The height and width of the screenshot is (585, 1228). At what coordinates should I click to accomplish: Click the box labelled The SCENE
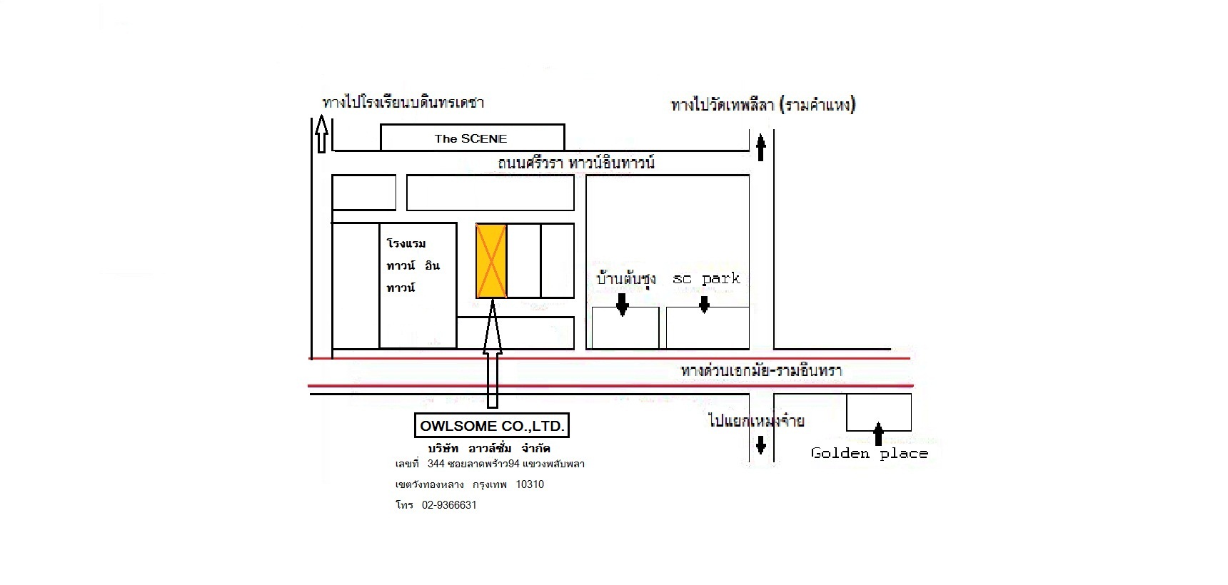point(471,138)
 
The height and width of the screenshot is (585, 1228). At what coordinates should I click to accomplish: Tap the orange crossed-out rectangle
point(491,261)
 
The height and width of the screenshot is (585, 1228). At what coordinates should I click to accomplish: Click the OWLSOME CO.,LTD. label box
point(493,426)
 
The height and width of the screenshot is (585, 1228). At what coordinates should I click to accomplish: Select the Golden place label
point(869,454)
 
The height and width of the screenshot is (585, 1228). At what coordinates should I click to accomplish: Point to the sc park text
point(706,278)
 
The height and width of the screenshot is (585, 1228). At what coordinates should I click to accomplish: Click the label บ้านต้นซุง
point(626,278)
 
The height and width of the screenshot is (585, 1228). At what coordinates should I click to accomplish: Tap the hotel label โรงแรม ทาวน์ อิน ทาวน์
point(413,265)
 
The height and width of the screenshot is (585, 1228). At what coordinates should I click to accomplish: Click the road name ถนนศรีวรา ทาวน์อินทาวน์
point(576,163)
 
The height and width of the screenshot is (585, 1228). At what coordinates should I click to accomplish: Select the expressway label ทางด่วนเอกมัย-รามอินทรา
point(761,371)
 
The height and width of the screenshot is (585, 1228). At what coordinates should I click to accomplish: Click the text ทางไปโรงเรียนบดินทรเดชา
point(403,103)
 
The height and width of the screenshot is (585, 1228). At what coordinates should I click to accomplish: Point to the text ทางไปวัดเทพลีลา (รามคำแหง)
point(763,106)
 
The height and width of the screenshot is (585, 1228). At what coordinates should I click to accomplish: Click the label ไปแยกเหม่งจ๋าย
point(756,421)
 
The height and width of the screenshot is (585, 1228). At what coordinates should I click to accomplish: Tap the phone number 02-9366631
point(449,505)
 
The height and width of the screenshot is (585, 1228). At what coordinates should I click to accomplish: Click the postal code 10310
point(530,484)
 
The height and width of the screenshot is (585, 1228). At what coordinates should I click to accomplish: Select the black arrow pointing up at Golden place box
point(878,434)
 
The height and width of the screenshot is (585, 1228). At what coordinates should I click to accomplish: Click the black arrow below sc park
point(704,305)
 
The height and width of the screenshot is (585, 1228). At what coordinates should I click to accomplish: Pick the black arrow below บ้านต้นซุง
point(623,305)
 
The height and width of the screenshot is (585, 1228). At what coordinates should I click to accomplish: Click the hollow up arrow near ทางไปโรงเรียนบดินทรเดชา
point(321,136)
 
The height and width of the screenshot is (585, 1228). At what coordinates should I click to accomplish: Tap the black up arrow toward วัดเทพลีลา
point(761,148)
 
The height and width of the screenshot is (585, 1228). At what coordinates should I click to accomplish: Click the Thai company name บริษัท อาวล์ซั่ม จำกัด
point(489,449)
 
